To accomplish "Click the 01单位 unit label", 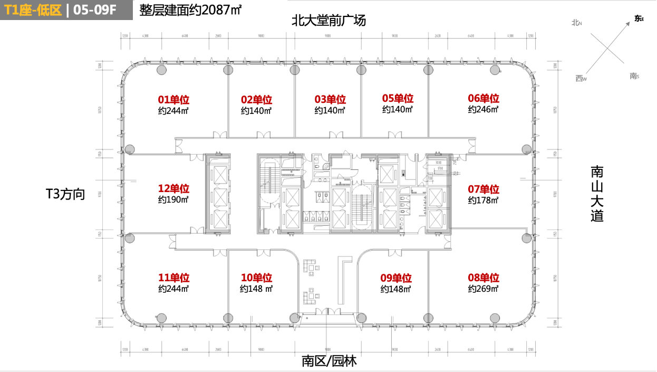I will pos(173,99).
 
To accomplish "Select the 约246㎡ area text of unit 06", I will pos(483,110).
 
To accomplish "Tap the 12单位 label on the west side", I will pos(173,188).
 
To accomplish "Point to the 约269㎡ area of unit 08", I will pos(483,289).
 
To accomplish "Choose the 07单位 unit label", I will pos(483,189).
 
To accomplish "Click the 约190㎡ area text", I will pos(173,200).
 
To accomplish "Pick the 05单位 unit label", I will pos(398,99).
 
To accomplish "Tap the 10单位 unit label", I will pos(256,278).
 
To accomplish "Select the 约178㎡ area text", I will pos(483,201).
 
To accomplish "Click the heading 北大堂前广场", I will pos(328,21).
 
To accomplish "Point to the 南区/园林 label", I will pos(329,361).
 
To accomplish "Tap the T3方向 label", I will pos(65,194).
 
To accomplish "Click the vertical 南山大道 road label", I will pos(597,194).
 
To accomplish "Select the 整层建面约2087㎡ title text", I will pos(190,10).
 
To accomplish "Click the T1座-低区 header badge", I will pos(33,11).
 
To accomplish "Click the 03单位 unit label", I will pos(330,99).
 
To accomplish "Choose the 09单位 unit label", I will pos(396,278).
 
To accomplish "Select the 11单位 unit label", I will pos(173,278).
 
